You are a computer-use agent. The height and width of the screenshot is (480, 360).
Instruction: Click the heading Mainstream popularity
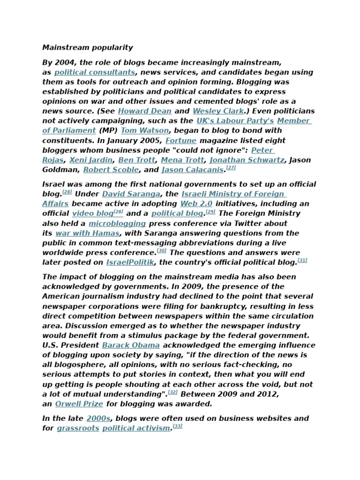88,48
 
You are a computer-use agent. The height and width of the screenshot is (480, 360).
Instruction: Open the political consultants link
95,73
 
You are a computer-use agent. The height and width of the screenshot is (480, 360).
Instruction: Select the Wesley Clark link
218,112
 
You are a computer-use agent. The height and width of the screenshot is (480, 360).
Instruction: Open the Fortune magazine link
181,141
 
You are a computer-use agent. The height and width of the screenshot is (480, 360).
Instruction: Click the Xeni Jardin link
91,160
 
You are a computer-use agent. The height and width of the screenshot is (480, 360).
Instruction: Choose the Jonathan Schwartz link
247,160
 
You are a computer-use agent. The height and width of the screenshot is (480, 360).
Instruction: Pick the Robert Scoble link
111,170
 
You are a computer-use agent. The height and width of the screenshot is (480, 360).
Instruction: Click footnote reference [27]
231,168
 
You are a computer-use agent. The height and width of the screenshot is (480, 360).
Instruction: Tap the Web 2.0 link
196,204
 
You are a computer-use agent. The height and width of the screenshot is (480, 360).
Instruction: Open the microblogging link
117,224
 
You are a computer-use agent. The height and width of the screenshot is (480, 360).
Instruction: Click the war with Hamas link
87,233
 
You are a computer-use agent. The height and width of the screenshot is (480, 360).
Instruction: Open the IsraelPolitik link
130,262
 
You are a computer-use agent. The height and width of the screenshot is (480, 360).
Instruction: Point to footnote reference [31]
302,260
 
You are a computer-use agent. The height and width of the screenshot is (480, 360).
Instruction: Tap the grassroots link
78,428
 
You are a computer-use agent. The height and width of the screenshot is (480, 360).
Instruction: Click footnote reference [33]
177,426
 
